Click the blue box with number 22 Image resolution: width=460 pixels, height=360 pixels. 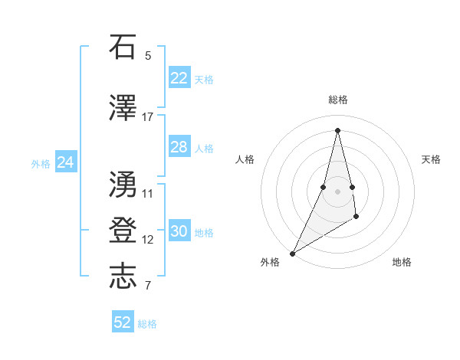pyautogui.click(x=179, y=77)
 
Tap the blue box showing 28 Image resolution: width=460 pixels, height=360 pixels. pyautogui.click(x=179, y=147)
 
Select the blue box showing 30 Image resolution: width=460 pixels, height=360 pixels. pyautogui.click(x=179, y=231)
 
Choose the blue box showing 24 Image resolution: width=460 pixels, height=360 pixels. pyautogui.click(x=66, y=162)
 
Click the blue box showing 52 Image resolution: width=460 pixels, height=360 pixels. pyautogui.click(x=123, y=322)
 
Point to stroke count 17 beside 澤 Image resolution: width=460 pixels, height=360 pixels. pyautogui.click(x=148, y=117)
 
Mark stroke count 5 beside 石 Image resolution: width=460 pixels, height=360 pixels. pyautogui.click(x=148, y=56)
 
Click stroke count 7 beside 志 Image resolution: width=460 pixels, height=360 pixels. pyautogui.click(x=148, y=286)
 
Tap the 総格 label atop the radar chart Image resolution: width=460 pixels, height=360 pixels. pyautogui.click(x=337, y=100)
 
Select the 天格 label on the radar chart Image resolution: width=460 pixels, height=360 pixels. pyautogui.click(x=432, y=159)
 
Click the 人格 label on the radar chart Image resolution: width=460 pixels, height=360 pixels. pyautogui.click(x=245, y=159)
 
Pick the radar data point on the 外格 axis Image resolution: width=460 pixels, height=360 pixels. pyautogui.click(x=292, y=253)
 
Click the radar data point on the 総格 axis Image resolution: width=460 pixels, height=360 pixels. pyautogui.click(x=337, y=129)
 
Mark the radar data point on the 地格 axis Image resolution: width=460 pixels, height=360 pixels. pyautogui.click(x=356, y=218)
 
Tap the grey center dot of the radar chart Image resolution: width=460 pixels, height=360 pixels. pyautogui.click(x=337, y=191)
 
